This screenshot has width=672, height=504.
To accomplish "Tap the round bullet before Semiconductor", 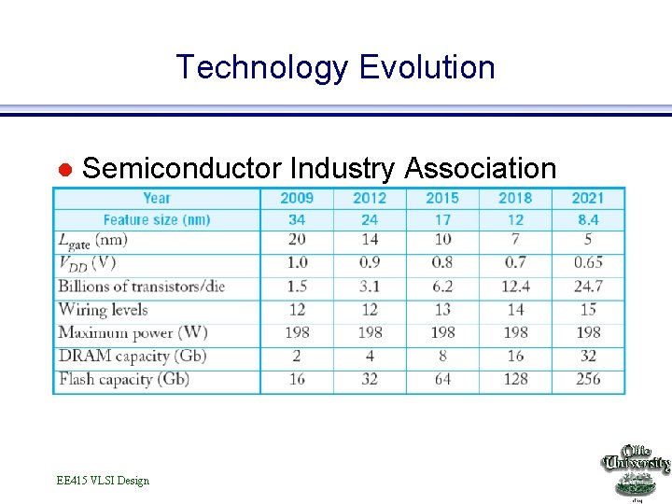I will tap(65, 170).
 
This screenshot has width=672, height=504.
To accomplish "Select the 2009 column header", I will tap(297, 198).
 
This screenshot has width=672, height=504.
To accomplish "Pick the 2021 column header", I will tap(588, 198).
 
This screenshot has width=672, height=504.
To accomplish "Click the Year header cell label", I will tap(157, 198).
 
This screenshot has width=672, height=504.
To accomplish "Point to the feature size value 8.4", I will tap(588, 220).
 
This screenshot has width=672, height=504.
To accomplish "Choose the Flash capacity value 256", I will tap(588, 379).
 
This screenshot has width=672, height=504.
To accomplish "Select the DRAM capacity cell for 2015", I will tap(442, 356).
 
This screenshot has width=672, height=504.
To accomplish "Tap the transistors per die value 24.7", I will tap(588, 287).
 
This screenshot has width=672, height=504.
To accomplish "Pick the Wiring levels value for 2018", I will tap(515, 310).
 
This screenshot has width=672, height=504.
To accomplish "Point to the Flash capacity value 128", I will tap(515, 379).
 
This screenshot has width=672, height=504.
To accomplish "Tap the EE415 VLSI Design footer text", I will tap(103, 481).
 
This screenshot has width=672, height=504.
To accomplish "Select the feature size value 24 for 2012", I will tap(370, 220).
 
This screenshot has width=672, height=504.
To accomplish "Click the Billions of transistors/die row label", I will tap(142, 287).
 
